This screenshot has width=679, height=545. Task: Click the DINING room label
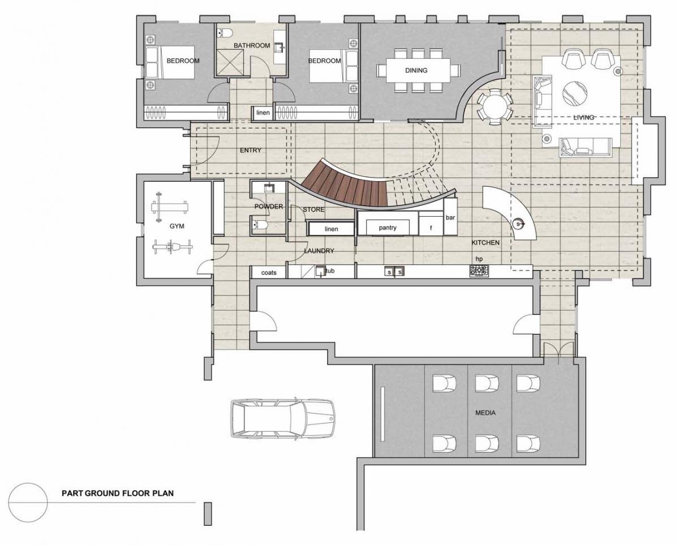(x=416, y=70)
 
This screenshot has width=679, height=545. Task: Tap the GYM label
(x=177, y=226)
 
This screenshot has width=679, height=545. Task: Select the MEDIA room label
(x=485, y=413)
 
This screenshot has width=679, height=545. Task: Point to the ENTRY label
(x=251, y=150)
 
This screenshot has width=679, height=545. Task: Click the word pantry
(x=388, y=228)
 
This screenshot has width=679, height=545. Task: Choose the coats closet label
(x=269, y=273)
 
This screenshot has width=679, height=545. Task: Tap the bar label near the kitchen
(x=450, y=217)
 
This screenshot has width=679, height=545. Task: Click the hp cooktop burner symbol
(x=479, y=271)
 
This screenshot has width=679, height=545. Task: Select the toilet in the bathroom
(x=225, y=32)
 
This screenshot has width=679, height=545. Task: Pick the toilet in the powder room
(x=260, y=225)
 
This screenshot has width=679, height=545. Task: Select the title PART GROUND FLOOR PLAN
(x=118, y=493)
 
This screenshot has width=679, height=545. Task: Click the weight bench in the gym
(x=170, y=207)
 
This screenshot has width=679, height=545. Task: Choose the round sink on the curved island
(x=518, y=224)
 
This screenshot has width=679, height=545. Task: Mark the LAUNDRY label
(x=319, y=251)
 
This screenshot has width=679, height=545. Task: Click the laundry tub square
(x=321, y=271)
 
